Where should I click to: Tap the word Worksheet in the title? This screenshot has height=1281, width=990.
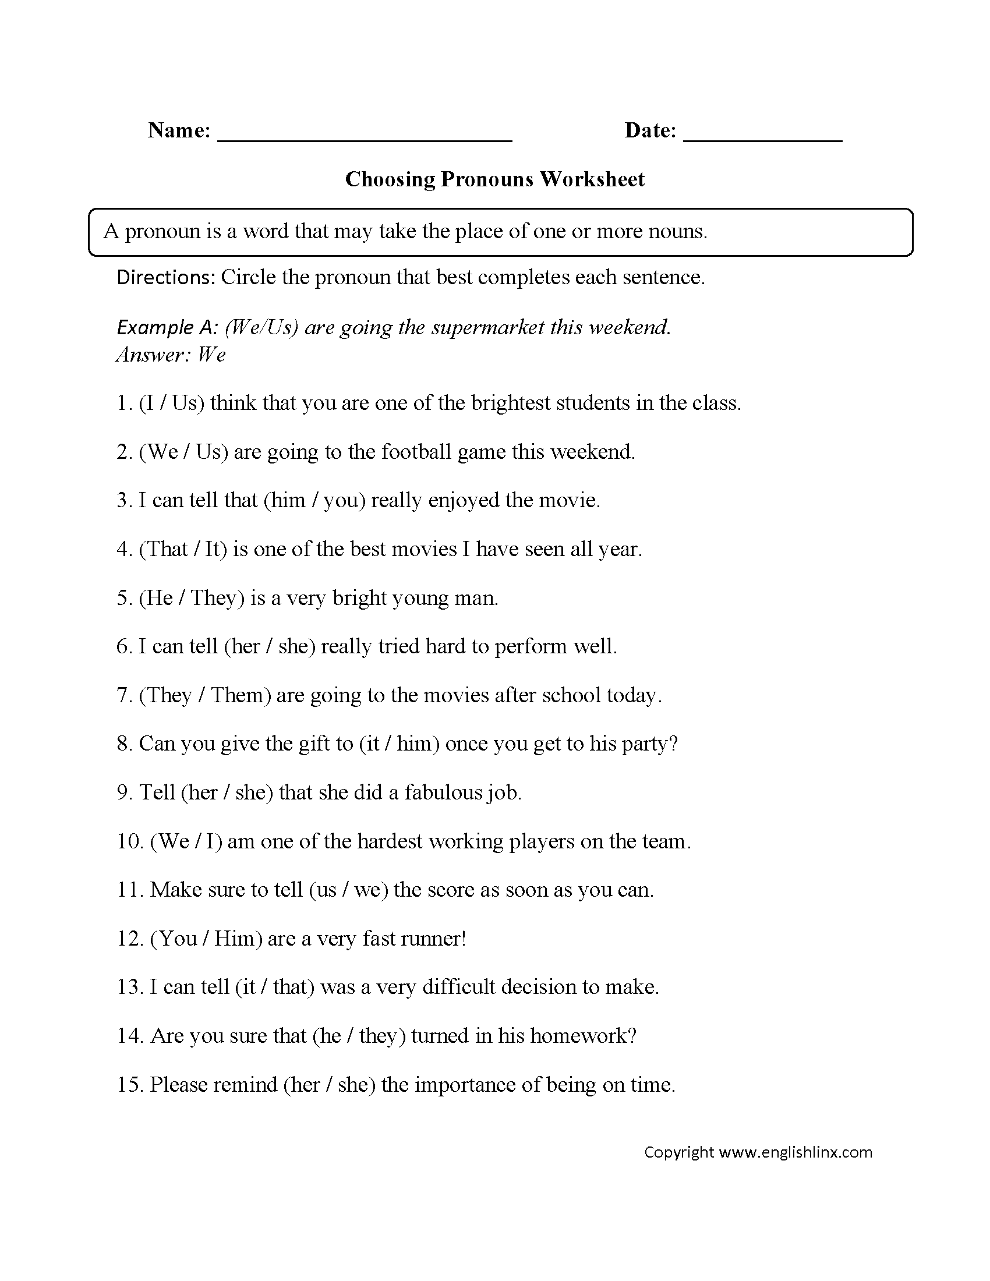pos(592,179)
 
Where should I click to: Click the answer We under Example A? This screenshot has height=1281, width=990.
pos(212,355)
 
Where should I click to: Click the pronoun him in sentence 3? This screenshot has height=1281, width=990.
pos(287,501)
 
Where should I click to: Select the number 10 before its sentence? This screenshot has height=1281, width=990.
pos(130,842)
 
